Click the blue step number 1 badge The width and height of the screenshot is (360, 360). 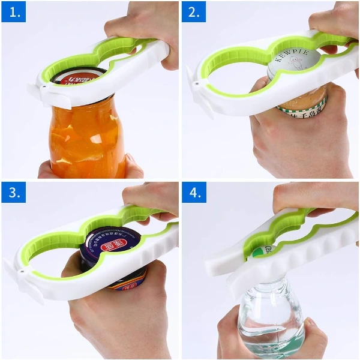(x=13, y=11)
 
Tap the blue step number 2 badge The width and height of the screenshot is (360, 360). (x=194, y=11)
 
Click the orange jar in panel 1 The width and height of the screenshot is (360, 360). (x=87, y=141)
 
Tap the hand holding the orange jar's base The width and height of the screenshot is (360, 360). (x=129, y=168)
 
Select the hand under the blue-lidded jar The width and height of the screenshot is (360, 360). (x=120, y=318)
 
